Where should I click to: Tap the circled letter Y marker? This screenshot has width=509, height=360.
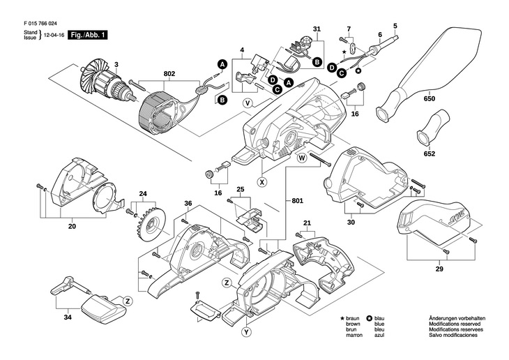[246, 333]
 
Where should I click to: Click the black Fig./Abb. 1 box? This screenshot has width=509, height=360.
[88, 34]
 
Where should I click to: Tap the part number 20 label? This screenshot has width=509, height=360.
[72, 225]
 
